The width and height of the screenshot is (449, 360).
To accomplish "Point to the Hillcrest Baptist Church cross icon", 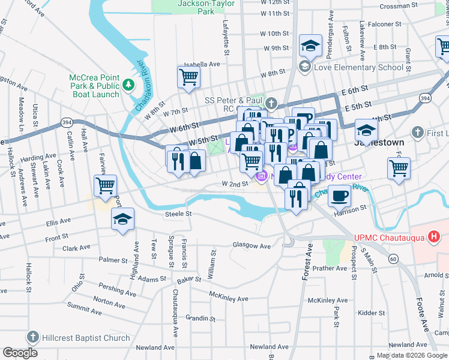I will [33, 338].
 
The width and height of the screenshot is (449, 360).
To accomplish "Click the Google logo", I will [20, 352].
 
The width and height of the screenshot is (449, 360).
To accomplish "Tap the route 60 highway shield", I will [393, 259].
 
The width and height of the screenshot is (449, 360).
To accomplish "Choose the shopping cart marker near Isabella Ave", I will [188, 78].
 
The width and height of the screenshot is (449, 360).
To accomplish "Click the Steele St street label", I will [178, 214].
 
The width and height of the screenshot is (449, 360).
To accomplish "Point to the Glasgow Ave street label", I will [252, 246].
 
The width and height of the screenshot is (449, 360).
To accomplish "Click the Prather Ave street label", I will [330, 268].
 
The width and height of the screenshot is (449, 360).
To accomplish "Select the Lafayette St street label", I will [226, 44].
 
